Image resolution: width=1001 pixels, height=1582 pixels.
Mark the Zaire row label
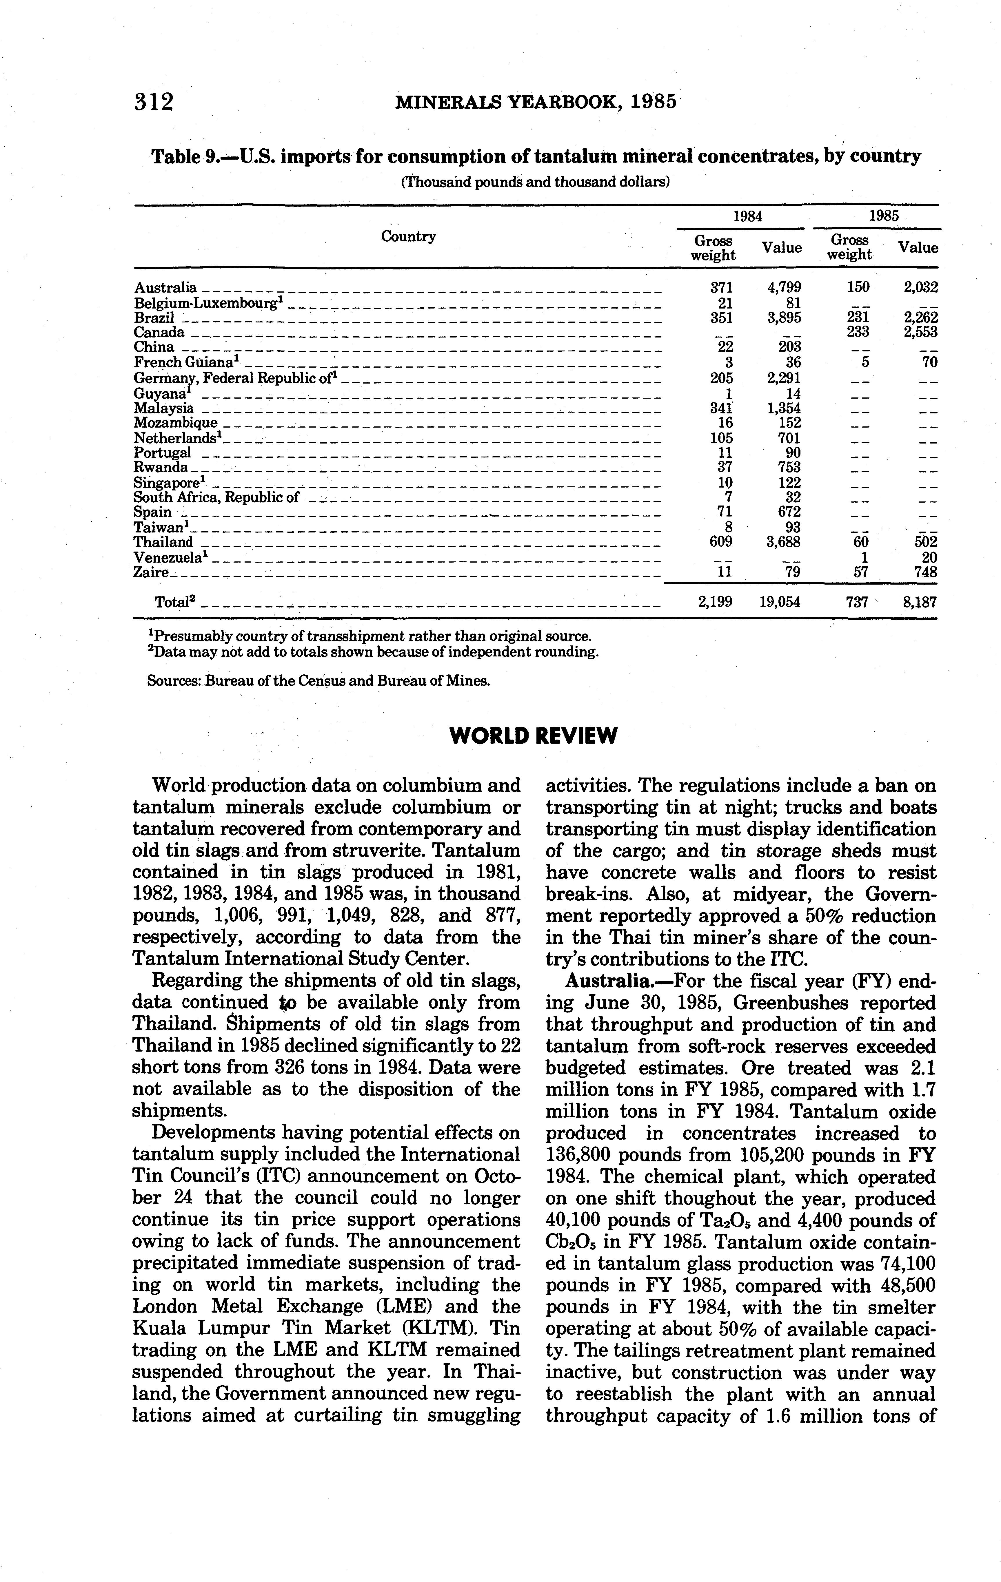pos(151,572)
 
